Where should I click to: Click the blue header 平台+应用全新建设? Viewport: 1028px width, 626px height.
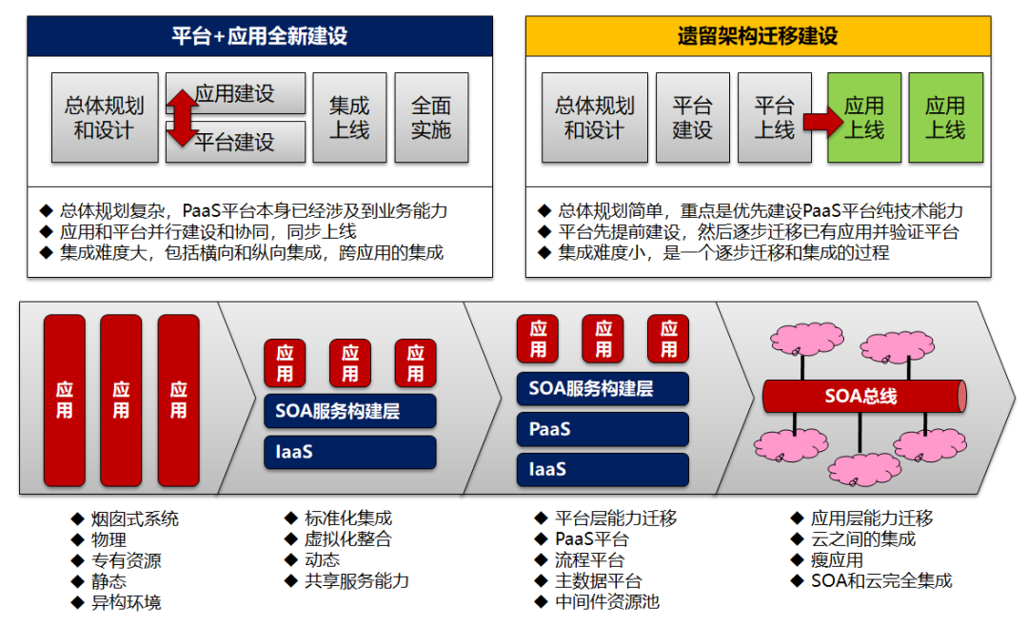pos(259,36)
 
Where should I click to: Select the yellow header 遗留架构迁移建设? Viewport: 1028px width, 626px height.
pos(758,36)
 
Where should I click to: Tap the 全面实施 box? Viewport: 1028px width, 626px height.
pos(431,117)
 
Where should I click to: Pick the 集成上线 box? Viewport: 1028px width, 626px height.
pos(349,117)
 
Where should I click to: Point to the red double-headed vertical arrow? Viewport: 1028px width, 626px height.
pos(182,117)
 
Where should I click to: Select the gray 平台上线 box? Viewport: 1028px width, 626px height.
pos(774,117)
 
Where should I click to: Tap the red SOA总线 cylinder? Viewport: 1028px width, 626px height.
pos(863,396)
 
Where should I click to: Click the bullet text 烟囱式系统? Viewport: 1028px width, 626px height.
pos(134,519)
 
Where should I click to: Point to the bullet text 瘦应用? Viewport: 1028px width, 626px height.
pos(837,560)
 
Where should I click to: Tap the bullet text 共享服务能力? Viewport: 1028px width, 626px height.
pos(356,581)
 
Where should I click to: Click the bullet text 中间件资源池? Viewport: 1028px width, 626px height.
pos(607,602)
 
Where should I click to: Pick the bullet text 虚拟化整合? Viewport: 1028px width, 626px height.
pos(347,539)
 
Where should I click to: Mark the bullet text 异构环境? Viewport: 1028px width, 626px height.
pos(126,602)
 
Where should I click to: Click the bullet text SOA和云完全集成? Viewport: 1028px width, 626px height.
pos(880,581)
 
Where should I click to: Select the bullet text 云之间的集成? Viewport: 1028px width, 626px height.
pos(862,539)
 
